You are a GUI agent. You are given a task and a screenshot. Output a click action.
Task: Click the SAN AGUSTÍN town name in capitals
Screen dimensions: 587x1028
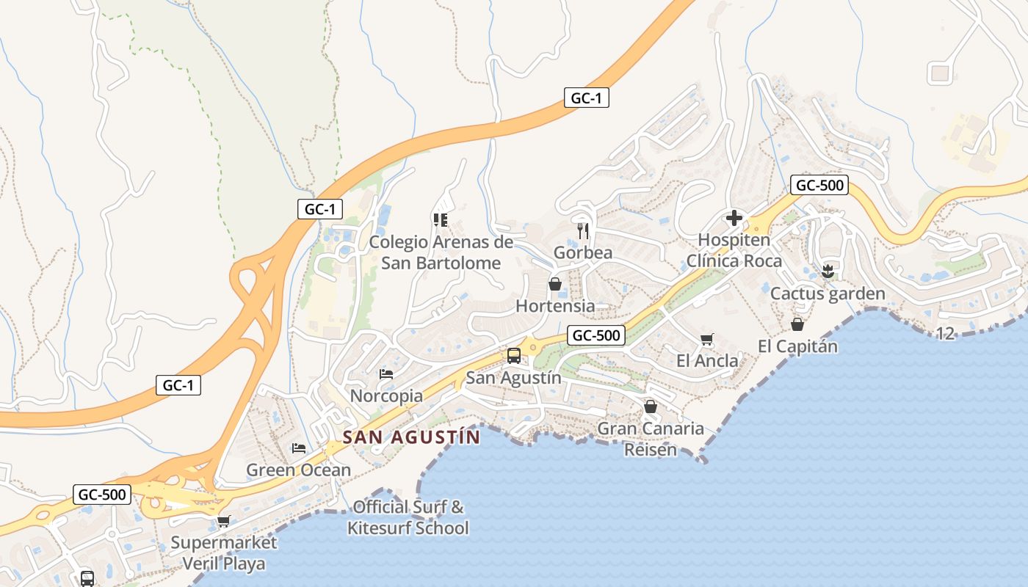(x=411, y=437)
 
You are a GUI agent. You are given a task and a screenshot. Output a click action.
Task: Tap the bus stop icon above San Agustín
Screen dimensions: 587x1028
(x=514, y=356)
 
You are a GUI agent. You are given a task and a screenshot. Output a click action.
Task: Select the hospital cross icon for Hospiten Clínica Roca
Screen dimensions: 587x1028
(x=734, y=218)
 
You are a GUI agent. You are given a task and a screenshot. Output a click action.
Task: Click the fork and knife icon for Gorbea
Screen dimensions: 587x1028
(x=583, y=230)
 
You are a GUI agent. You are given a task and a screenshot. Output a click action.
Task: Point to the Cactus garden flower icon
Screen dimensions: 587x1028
(x=828, y=271)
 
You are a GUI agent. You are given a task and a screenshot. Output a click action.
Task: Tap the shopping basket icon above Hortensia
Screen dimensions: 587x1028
(x=555, y=284)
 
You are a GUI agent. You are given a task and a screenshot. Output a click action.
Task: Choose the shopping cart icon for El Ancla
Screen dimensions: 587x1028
(x=707, y=339)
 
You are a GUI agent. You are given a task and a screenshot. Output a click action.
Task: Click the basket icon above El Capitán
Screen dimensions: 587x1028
(x=797, y=324)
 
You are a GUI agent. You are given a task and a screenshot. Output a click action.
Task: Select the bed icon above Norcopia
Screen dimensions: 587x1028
(x=386, y=374)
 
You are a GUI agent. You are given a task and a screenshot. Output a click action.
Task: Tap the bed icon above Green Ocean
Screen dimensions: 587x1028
(x=298, y=448)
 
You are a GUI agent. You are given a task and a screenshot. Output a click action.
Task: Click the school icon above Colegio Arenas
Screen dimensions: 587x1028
(x=441, y=219)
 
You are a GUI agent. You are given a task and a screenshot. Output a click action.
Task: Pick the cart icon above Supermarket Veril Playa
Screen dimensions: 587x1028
(x=223, y=521)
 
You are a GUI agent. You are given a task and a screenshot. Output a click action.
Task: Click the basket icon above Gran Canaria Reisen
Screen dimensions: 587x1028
(x=650, y=406)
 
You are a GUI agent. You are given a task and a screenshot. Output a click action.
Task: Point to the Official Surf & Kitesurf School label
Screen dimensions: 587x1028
(x=408, y=517)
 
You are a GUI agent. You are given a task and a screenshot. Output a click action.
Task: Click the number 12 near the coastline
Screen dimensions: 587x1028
(x=945, y=334)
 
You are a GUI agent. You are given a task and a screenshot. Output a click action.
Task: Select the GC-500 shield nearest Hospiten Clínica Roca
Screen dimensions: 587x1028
(x=819, y=185)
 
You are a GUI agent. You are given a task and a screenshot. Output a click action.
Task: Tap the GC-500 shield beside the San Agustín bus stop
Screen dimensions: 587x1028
(x=596, y=336)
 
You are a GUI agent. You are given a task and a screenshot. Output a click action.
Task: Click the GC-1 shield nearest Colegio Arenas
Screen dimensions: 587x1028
(x=320, y=209)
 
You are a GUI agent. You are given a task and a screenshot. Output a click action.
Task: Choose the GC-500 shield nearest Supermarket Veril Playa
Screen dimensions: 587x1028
(x=102, y=495)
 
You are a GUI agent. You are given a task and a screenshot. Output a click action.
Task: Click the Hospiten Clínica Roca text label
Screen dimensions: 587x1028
(x=734, y=250)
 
